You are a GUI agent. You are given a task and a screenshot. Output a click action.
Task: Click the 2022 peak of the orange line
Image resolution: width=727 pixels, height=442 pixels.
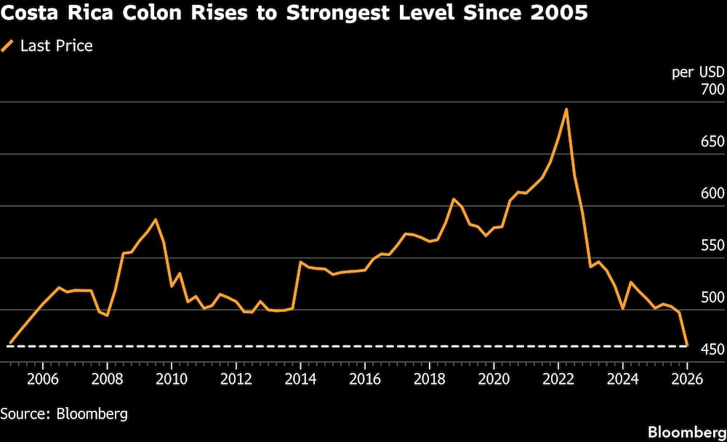(x=566, y=110)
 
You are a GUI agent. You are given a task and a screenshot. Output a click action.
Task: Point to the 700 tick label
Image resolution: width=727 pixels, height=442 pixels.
(x=691, y=89)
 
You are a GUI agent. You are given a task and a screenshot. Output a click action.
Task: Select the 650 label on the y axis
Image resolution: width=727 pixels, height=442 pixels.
(x=691, y=142)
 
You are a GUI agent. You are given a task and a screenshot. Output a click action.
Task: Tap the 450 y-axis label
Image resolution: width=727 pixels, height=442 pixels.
(x=691, y=350)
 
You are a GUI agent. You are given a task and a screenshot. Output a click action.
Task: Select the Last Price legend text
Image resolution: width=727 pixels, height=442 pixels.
(x=56, y=47)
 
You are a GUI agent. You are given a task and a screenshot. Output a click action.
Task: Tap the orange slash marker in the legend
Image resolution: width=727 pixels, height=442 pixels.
(x=8, y=47)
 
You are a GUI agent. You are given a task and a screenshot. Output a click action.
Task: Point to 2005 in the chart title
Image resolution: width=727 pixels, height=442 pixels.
(x=560, y=13)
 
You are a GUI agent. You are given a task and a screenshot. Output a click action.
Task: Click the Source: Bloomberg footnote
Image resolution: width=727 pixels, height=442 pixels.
(x=64, y=414)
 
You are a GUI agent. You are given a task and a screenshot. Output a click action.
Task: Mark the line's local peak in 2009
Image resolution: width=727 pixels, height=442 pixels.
(x=155, y=220)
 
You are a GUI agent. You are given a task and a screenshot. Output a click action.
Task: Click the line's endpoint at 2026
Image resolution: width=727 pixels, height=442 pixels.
(x=687, y=345)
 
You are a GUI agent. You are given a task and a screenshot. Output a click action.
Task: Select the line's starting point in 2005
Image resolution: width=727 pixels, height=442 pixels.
(x=9, y=343)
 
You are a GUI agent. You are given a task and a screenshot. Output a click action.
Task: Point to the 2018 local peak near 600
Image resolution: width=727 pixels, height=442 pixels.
(x=453, y=198)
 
